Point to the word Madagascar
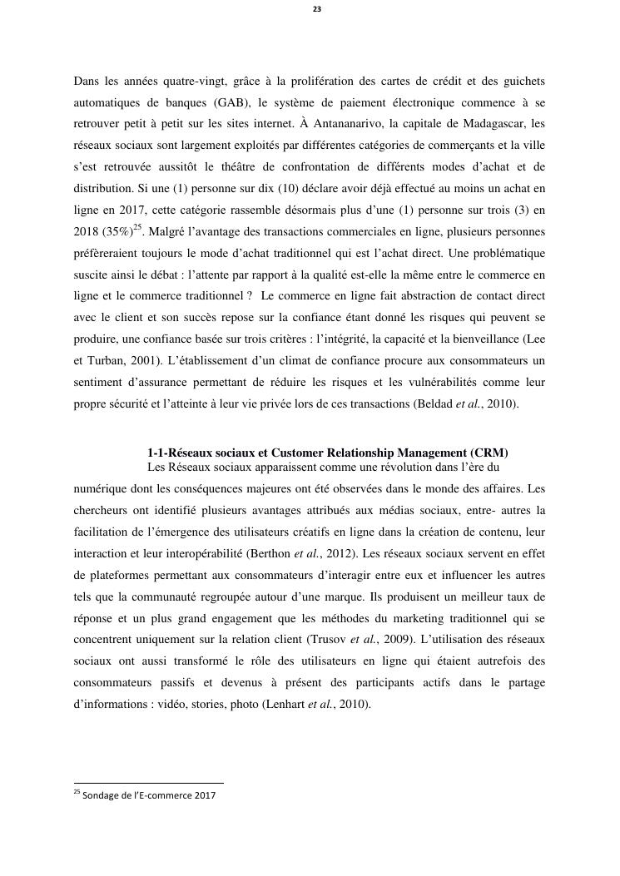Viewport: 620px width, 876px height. [x=489, y=125]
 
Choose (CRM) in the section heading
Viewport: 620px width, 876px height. [x=489, y=453]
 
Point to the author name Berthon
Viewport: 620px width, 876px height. [x=272, y=553]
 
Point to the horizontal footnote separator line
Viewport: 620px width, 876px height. [x=149, y=783]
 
